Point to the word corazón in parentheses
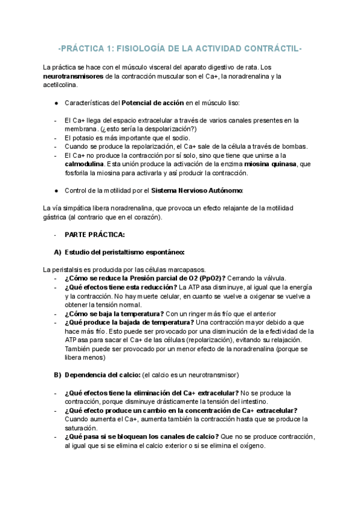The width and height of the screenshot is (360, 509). (147, 217)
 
